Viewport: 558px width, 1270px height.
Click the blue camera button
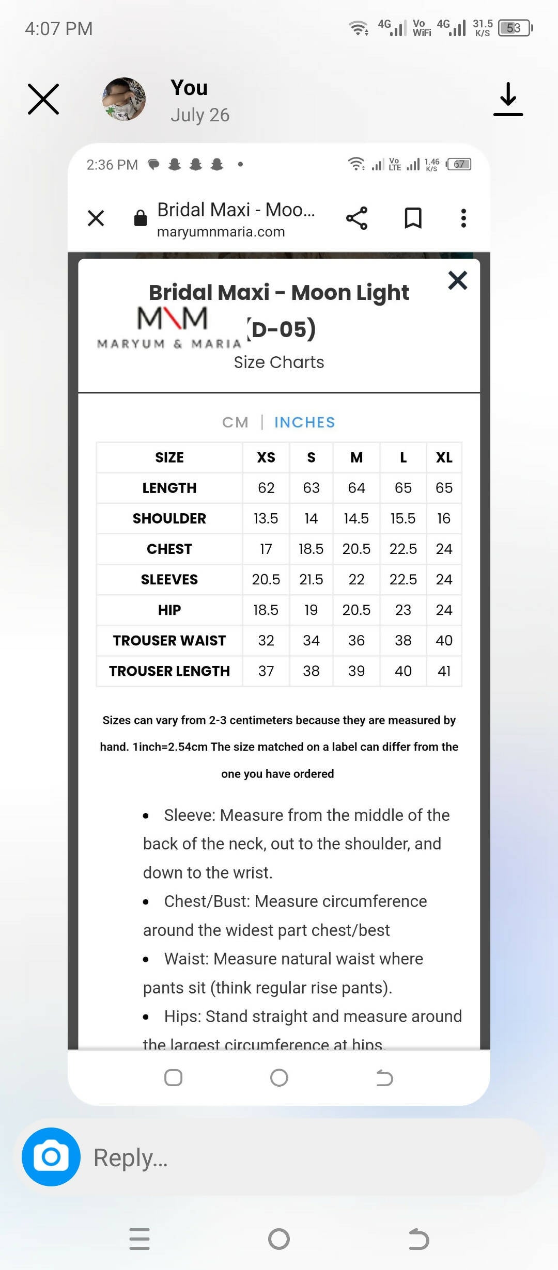coord(51,1156)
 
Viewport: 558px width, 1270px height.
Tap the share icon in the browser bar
coord(357,218)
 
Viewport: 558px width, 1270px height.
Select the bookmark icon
coord(413,218)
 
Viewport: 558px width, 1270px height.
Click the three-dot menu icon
coord(463,218)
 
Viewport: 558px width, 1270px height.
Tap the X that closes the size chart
coord(457,281)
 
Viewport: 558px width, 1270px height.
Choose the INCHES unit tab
coord(304,422)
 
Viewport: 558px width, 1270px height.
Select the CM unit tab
coord(235,422)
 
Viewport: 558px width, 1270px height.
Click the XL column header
coord(444,457)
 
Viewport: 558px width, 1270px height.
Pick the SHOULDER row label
coord(169,518)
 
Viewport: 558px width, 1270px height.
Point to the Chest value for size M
coord(356,549)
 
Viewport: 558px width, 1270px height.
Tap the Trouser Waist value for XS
coord(266,640)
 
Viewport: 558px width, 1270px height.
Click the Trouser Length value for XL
coord(444,671)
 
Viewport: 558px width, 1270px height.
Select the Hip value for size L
coord(403,610)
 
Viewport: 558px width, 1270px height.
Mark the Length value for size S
coord(311,488)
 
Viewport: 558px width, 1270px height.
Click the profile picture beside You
coord(124,99)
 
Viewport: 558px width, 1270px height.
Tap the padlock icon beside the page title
coord(141,218)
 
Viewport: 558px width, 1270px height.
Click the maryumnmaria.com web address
coord(221,232)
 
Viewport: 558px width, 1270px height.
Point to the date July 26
coord(200,115)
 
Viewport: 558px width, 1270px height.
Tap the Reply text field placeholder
coord(130,1157)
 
